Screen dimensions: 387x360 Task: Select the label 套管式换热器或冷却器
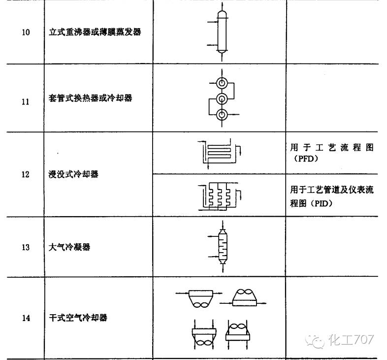(x=91, y=98)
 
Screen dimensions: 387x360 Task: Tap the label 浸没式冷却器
(x=73, y=174)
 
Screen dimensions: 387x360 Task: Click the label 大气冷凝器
(x=69, y=247)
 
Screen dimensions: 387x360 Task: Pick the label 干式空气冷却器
(x=78, y=318)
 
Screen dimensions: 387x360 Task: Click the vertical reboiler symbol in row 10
(x=221, y=32)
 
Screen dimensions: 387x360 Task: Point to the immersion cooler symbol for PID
(x=219, y=196)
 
